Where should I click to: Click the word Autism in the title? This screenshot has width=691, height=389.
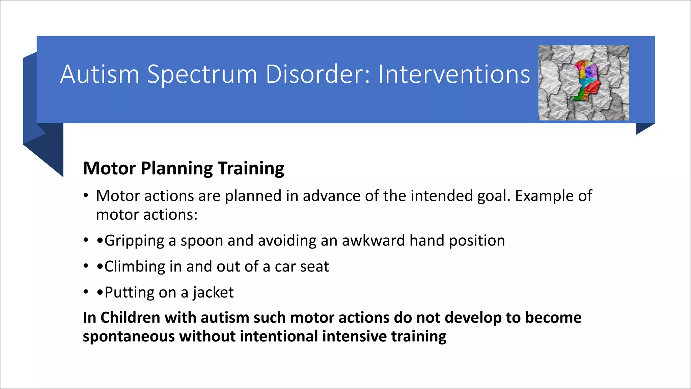(x=100, y=74)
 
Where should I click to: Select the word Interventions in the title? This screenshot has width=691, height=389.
(x=454, y=74)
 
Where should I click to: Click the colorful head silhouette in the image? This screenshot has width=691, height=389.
(x=586, y=80)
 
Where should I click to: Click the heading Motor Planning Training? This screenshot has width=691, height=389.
(x=183, y=168)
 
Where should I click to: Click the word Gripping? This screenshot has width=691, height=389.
(x=134, y=241)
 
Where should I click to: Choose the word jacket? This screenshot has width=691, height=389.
(x=213, y=293)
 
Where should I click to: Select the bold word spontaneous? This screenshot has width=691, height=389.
(x=129, y=337)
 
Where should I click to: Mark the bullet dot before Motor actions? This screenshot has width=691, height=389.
(x=86, y=196)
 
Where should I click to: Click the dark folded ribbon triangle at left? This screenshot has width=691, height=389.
(x=47, y=152)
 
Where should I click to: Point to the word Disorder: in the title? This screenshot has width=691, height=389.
(x=318, y=74)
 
